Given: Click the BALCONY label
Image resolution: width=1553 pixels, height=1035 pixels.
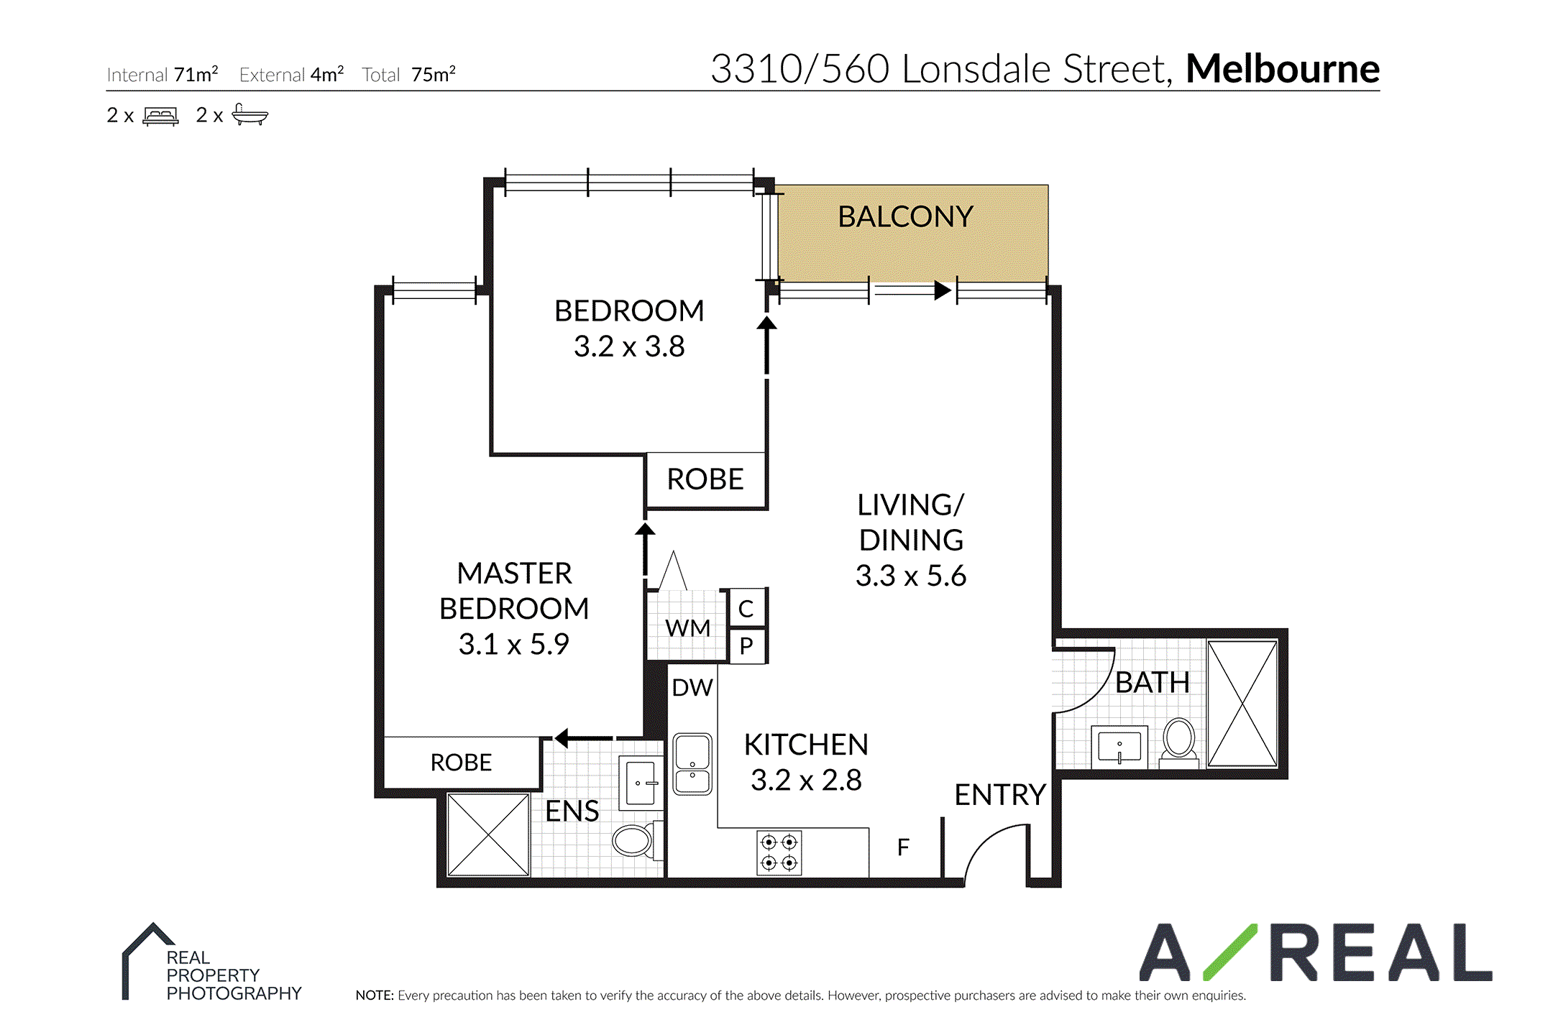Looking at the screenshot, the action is (x=905, y=216).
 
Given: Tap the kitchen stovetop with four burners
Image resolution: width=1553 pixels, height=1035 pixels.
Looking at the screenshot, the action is (x=779, y=852).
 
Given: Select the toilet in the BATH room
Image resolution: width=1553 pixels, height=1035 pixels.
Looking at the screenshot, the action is (x=1179, y=742).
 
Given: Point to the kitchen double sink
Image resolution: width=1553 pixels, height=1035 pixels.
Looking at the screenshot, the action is (x=692, y=763).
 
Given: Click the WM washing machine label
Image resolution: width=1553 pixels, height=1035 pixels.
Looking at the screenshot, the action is (x=687, y=628).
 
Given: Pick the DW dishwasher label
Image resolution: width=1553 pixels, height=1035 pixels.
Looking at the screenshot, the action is (x=692, y=688).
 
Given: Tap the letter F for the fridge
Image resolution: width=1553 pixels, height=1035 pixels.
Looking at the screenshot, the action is (x=903, y=847).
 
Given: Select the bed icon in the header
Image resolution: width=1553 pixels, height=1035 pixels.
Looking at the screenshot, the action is (x=160, y=116).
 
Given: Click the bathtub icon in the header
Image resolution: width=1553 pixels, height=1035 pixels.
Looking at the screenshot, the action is (x=250, y=115).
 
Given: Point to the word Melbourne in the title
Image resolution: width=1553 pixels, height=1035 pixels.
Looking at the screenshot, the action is (x=1283, y=69).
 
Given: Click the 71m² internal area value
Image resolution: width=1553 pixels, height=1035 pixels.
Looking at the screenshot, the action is (x=196, y=74).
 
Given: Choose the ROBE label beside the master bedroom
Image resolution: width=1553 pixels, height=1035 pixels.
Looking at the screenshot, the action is (x=461, y=763).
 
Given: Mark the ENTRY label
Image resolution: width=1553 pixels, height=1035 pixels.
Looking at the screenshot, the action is (x=999, y=795).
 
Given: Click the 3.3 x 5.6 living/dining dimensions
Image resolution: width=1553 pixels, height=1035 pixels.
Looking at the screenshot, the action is (x=910, y=576).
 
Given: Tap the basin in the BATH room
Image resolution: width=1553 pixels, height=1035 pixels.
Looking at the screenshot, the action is (x=1119, y=747).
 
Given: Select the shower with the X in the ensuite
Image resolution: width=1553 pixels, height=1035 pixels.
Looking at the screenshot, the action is (x=488, y=834).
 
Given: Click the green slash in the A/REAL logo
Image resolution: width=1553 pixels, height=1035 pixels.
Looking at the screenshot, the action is (x=1230, y=952).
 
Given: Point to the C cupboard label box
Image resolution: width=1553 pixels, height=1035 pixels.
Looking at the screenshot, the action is (x=746, y=609).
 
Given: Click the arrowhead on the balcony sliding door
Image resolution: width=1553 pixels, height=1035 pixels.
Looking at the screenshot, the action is (x=943, y=290).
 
